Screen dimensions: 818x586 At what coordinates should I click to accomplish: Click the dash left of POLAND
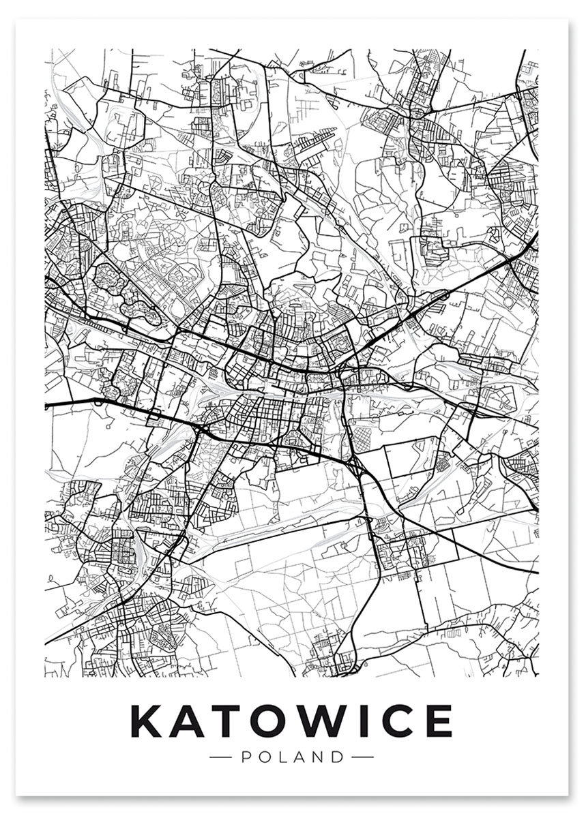tap(223, 757)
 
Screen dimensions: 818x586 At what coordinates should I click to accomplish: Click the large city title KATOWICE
tap(291, 720)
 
